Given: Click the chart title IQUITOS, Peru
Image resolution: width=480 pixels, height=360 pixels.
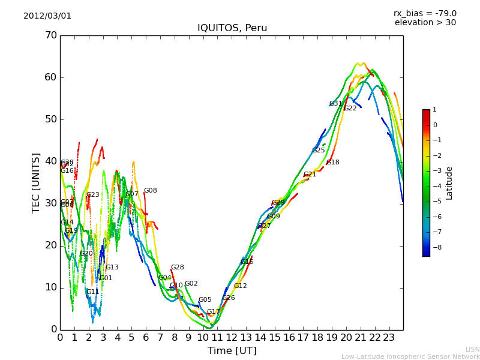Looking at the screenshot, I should pos(232,28).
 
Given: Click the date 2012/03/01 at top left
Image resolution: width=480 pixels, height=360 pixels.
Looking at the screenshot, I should pos(47,16).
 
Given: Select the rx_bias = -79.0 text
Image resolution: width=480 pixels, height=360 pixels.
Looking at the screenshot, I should pos(425,13).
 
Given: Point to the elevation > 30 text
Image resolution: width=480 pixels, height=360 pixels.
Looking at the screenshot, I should pos(425,23).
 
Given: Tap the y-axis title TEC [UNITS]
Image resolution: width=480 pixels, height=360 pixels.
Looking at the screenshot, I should pos(37,182).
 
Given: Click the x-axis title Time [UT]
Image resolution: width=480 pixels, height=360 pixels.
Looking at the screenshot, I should pos(232,351).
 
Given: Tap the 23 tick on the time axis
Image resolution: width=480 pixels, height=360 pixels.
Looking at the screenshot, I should pos(389,338).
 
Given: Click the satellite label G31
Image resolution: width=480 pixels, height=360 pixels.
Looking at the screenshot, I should pos(335,104).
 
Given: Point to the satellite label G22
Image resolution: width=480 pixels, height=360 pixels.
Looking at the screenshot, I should pos(350,109).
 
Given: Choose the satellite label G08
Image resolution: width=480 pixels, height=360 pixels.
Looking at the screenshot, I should pos(150,191).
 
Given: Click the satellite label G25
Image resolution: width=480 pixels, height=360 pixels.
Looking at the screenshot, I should pos(318,151).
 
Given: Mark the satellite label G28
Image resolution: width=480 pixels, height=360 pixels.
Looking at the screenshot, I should pos(177,268).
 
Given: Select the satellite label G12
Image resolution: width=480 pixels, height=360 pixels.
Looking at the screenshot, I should pos(240,286).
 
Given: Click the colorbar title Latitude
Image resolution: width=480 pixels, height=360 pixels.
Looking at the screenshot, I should pos(449,183).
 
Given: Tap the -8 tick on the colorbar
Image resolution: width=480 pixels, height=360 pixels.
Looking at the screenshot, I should pos(434,247).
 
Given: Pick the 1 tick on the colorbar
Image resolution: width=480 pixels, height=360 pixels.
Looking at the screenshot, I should pos(434,110).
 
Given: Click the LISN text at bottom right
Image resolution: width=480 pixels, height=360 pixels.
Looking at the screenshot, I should pos(472,349).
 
